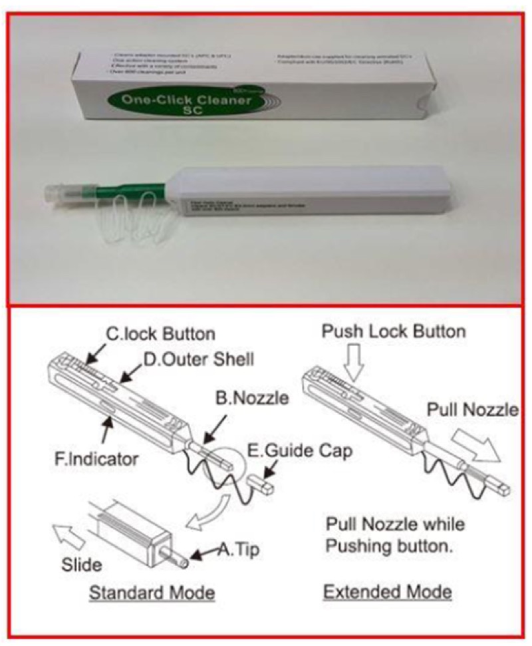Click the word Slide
click(x=83, y=565)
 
